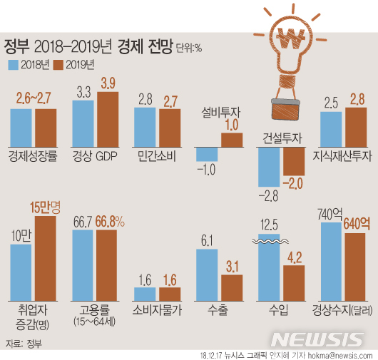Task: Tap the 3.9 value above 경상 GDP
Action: point(108,83)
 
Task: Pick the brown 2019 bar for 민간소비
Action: point(170,126)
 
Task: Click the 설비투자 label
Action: point(220,111)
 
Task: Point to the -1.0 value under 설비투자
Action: point(206,170)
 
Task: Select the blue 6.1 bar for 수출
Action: point(207,274)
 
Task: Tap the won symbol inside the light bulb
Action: point(292,38)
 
